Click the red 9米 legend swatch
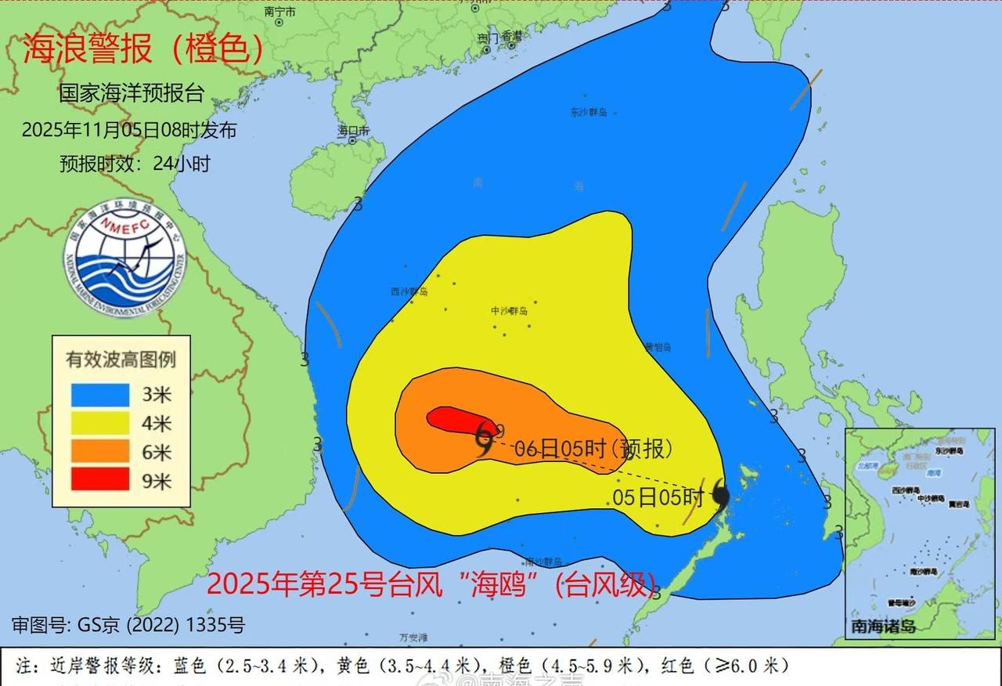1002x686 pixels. [100, 480]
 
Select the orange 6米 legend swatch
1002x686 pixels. [100, 451]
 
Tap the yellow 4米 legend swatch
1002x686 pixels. [100, 423]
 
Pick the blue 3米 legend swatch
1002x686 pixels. [100, 394]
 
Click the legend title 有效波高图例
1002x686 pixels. [121, 359]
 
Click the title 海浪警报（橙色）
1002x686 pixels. [142, 49]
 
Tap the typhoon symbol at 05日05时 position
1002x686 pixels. [721, 496]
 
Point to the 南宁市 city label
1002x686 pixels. [280, 12]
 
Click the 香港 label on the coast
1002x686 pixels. [511, 35]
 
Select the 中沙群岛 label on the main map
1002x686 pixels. [510, 311]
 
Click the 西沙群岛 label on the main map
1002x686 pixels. [409, 291]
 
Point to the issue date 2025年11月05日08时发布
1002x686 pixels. [129, 130]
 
